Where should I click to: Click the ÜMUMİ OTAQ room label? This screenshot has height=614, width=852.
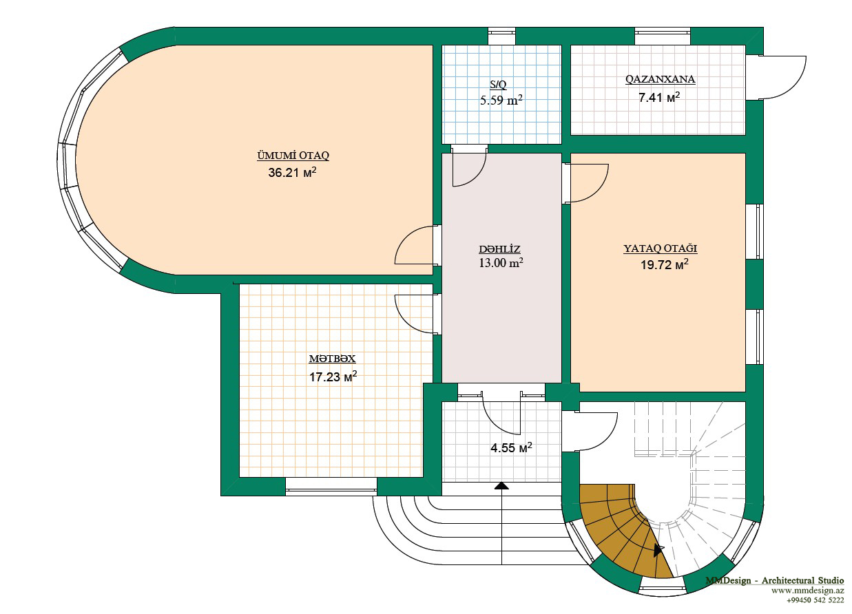point(293,156)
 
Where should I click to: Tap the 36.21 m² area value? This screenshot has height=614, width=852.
point(292,172)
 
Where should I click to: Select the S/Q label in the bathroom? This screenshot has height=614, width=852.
point(498,85)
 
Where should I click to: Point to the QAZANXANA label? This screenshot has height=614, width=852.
point(661,79)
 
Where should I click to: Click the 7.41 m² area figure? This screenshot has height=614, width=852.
point(659,97)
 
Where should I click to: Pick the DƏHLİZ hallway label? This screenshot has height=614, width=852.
point(499,249)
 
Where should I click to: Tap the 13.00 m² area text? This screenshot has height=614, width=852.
point(501,263)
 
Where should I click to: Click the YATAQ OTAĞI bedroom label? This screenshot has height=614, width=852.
point(660,248)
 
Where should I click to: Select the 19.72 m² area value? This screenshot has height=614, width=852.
point(665,264)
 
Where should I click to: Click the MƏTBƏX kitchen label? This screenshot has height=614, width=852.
point(333,359)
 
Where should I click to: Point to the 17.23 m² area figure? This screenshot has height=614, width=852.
point(333,377)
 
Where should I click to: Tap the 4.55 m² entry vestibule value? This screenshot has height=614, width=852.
point(511,448)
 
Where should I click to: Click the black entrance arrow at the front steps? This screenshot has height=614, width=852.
point(502,485)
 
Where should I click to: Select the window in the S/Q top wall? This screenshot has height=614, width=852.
point(501,36)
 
